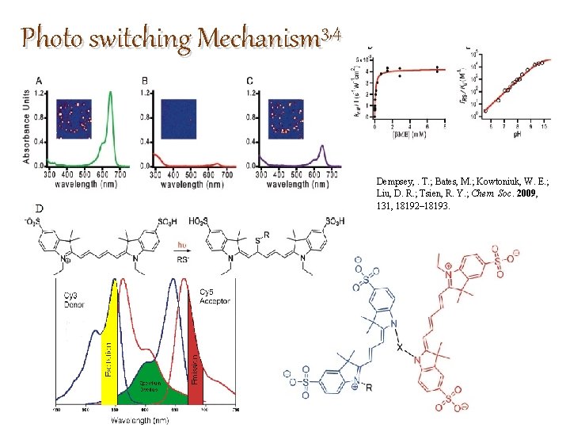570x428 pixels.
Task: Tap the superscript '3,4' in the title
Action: [331, 34]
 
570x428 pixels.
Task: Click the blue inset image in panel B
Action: [178, 119]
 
